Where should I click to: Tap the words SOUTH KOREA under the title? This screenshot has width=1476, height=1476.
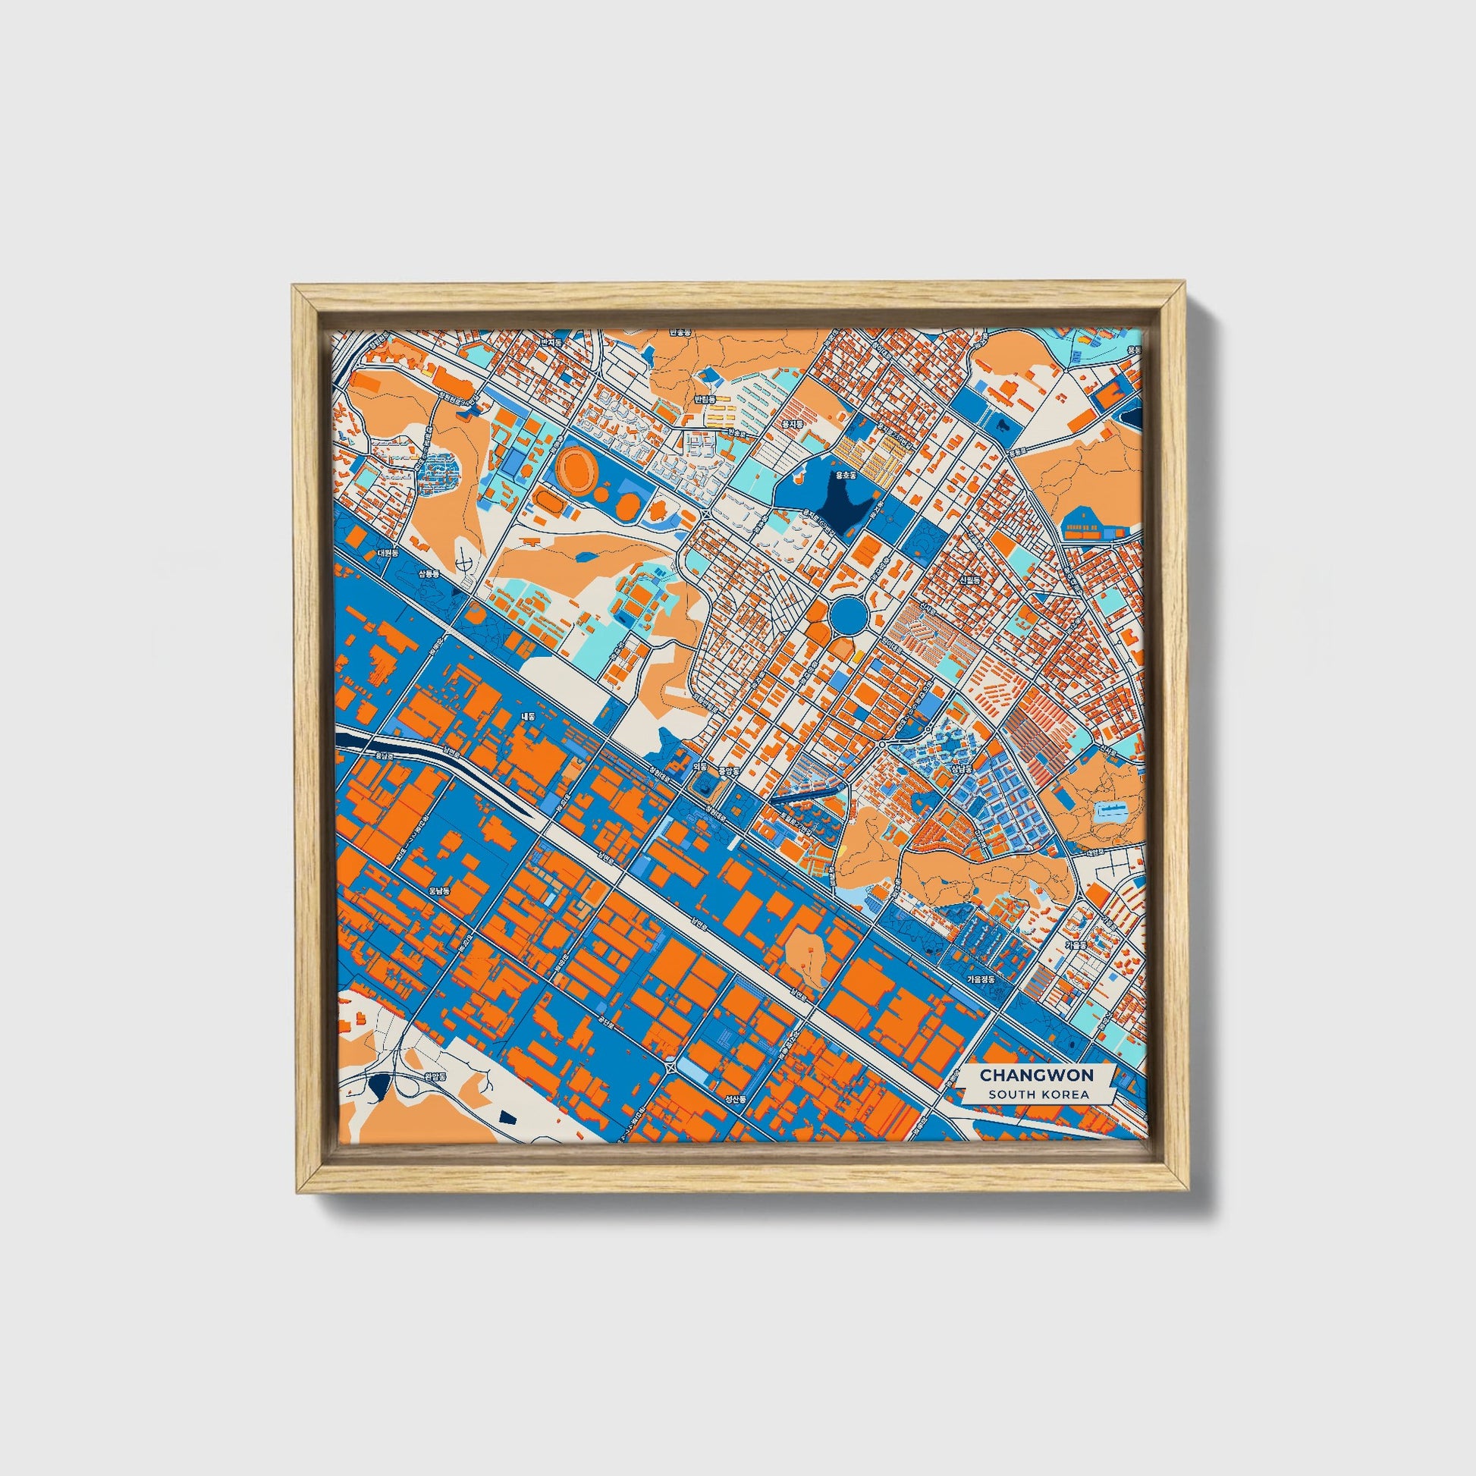click(1036, 1094)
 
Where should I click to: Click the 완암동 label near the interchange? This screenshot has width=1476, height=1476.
click(432, 1076)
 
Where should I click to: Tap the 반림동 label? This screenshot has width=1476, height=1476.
click(702, 399)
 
